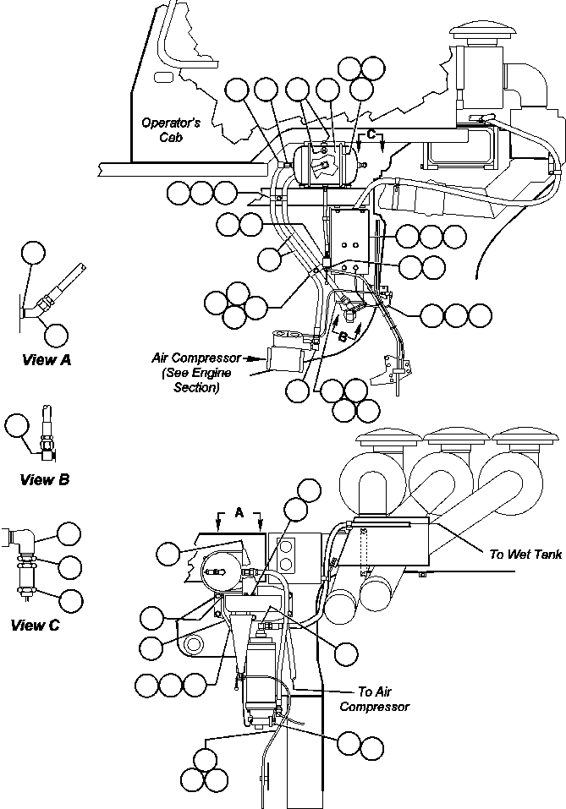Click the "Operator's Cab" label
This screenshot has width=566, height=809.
click(x=169, y=129)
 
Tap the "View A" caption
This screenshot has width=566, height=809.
click(x=46, y=359)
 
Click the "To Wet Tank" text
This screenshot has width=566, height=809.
click(x=519, y=555)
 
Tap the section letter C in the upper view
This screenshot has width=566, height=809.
click(x=371, y=134)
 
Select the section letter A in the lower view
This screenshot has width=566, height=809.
click(x=239, y=512)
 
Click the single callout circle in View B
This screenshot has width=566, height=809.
click(x=18, y=425)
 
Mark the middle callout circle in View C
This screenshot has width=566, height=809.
click(x=69, y=567)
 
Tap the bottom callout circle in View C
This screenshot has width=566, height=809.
click(x=70, y=599)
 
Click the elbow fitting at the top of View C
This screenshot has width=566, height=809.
click(x=24, y=538)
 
